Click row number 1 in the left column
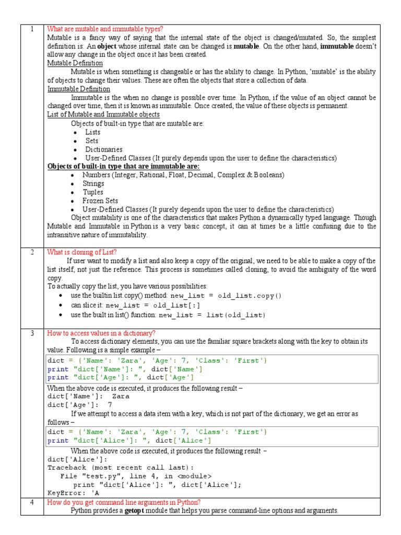pos(32,29)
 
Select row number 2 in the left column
pos(32,252)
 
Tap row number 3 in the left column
pos(32,333)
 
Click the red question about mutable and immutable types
pos(104,29)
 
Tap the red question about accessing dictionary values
pos(101,333)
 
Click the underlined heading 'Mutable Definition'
pos(75,63)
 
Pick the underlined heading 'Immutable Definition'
pos(79,89)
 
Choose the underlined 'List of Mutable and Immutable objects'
pos(103,114)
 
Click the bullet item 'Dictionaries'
pos(104,149)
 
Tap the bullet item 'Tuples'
pos(93,192)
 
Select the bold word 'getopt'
pos(137,510)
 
